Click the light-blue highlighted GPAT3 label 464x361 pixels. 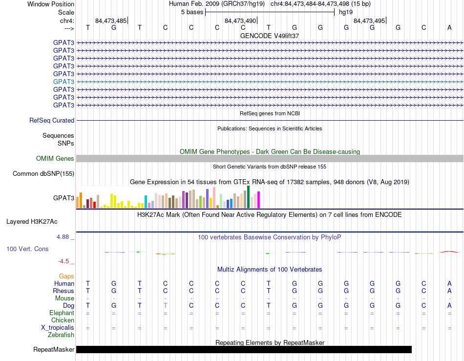[63, 82]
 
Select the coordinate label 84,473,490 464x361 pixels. [240, 21]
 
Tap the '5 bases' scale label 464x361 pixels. [192, 12]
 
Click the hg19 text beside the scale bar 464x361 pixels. [346, 12]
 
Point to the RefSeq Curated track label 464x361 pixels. [52, 121]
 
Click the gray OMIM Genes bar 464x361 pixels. [270, 159]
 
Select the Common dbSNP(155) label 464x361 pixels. [43, 174]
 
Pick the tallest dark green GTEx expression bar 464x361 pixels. [248, 197]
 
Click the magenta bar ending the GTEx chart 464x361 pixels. [259, 200]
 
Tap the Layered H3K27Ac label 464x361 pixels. [32, 222]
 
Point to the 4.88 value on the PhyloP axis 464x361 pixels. [63, 237]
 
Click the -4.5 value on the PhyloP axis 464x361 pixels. [63, 261]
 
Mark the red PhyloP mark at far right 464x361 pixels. [449, 252]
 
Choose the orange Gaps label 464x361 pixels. [66, 276]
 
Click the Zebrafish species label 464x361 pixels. [61, 335]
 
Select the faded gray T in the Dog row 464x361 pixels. [166, 305]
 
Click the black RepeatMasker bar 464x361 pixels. [244, 349]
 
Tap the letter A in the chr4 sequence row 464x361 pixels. [449, 27]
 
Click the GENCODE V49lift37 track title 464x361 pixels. [270, 36]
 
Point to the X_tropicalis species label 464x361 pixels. [58, 328]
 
